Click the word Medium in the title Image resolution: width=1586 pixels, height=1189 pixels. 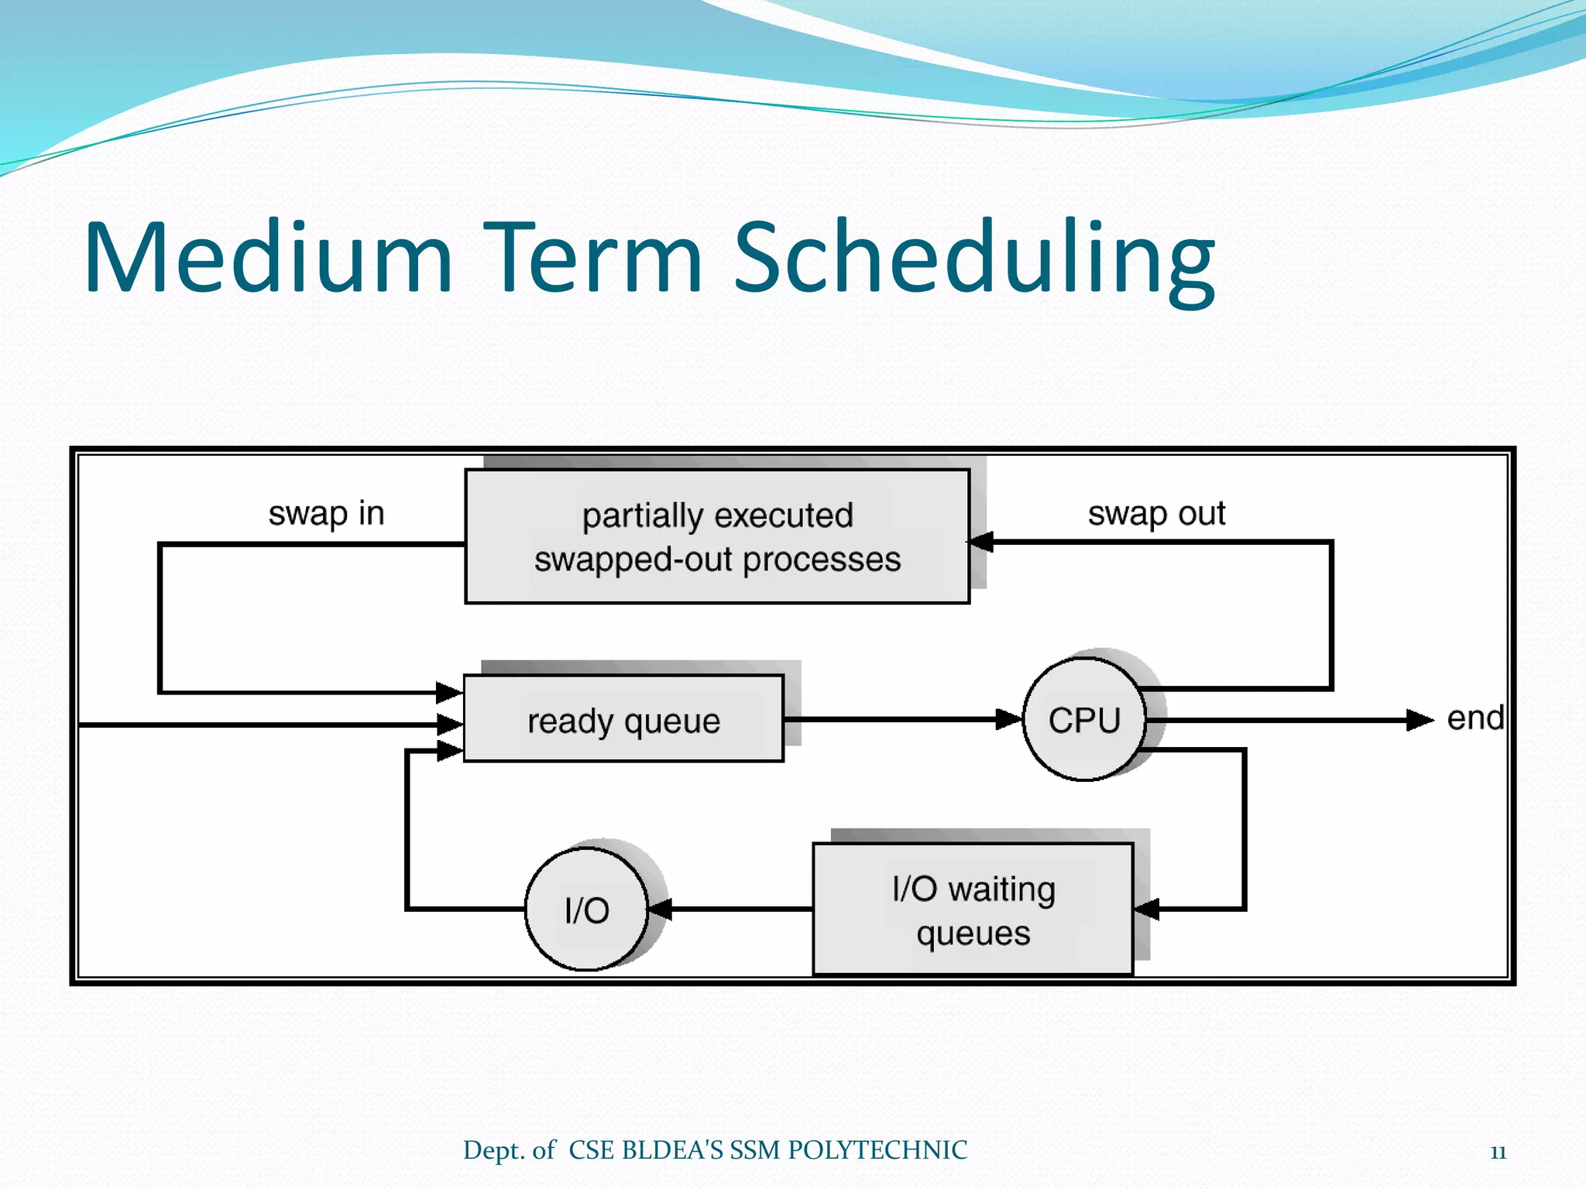(267, 257)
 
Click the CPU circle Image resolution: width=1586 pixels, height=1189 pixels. (1084, 720)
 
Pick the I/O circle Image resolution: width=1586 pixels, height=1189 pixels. (587, 910)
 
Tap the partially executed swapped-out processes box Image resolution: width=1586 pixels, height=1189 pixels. (717, 536)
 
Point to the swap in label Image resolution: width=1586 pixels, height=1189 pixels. (326, 513)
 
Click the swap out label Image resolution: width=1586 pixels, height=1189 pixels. (1156, 513)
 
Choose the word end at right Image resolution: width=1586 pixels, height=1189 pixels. (1474, 718)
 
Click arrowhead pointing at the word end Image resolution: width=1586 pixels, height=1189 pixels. (1420, 720)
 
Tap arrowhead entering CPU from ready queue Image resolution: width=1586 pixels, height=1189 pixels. (1009, 719)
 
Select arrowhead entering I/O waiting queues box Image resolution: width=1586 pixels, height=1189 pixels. (1147, 909)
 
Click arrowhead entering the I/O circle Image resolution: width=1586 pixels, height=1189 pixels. (660, 909)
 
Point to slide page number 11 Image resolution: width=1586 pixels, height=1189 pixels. (1498, 1153)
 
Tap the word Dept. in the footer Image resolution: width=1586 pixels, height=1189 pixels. (493, 1151)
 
